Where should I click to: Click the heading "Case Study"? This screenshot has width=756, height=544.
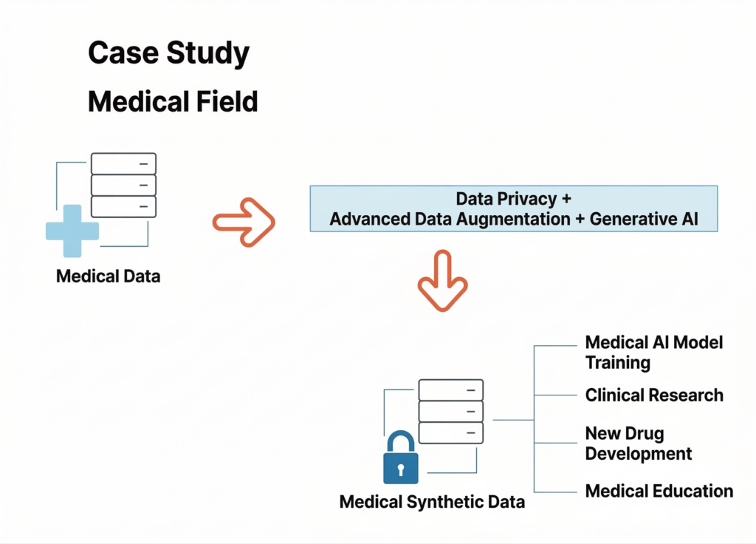[168, 54]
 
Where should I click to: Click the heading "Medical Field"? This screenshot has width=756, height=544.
[173, 101]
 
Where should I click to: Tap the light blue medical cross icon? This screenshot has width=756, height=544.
[72, 231]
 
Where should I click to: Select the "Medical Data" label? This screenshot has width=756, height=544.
[108, 277]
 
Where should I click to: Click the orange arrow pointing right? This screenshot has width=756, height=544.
[244, 221]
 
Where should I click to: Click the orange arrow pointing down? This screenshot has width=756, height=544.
[442, 281]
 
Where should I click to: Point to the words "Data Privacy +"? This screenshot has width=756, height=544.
[514, 199]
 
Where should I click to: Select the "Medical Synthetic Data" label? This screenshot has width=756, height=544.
[432, 503]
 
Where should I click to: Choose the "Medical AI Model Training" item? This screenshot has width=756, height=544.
[653, 353]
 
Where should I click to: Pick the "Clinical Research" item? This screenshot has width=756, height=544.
[654, 395]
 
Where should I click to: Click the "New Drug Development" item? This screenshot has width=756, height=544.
[639, 443]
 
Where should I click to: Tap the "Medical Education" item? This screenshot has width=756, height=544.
[659, 491]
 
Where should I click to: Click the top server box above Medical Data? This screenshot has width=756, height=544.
[123, 163]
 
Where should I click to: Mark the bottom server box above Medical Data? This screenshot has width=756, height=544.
[123, 206]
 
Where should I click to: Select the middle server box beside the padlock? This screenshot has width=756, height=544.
[450, 411]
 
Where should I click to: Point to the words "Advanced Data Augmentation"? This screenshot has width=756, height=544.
[450, 220]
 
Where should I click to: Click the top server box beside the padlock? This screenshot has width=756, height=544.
[450, 390]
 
